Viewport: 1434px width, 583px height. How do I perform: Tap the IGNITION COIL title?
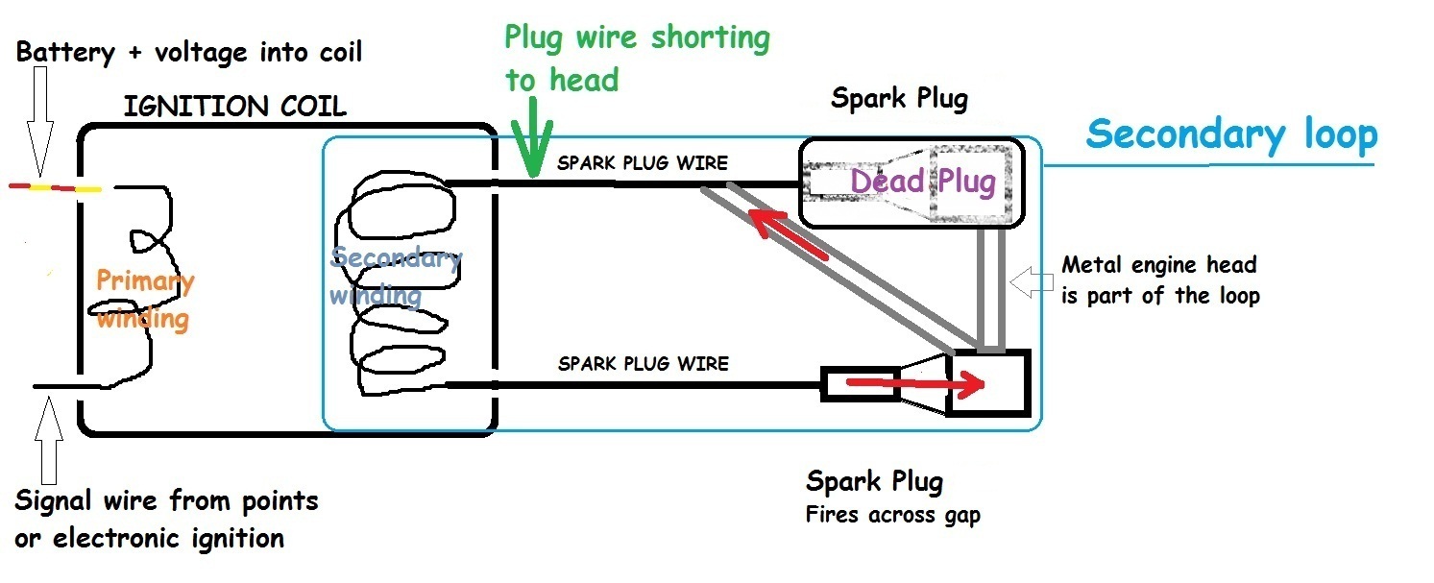234,106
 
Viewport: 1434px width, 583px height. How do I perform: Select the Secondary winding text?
395,276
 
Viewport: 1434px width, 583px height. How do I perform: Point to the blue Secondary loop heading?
1231,134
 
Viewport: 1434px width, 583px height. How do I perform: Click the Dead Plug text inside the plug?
922,181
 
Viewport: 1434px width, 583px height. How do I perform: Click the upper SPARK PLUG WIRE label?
643,163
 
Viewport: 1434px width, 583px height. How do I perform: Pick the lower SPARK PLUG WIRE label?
643,364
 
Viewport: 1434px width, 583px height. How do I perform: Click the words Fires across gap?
893,515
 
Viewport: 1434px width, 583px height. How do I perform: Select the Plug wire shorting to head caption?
637,58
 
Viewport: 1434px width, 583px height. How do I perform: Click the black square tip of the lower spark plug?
987,382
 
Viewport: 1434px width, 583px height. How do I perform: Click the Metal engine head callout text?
1159,279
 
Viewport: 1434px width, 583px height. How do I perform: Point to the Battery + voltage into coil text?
189,52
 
